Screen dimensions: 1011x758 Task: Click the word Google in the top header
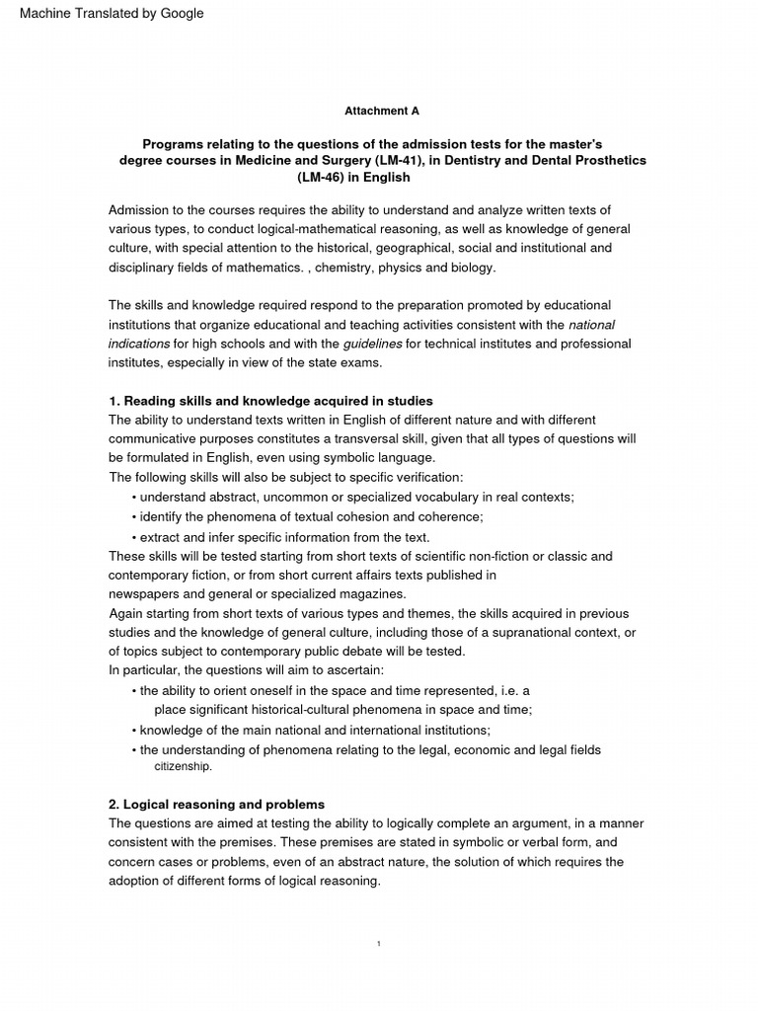[181, 14]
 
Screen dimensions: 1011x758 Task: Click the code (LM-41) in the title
[397, 160]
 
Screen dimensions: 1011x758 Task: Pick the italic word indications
[139, 343]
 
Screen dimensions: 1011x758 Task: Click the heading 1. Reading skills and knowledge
[270, 401]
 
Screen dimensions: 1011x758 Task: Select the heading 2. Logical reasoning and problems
[216, 805]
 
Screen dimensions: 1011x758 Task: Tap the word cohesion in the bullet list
[355, 516]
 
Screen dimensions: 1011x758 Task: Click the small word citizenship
[183, 766]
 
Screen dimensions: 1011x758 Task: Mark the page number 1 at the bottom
[379, 944]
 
